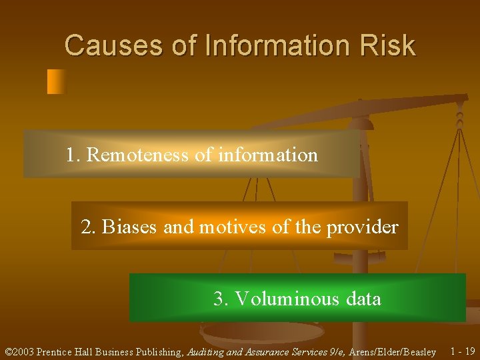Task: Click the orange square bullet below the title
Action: [57, 81]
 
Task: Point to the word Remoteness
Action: [138, 155]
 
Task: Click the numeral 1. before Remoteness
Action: [73, 155]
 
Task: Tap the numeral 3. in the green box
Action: [221, 299]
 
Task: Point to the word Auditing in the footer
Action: [204, 351]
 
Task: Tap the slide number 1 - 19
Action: [463, 351]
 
